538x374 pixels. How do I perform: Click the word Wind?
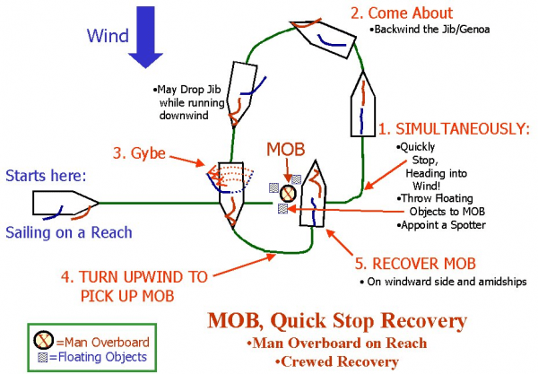coord(107,36)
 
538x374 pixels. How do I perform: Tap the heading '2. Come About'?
coord(401,13)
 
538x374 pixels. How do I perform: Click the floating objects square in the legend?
coord(41,357)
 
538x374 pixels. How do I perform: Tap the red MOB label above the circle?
coord(286,149)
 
